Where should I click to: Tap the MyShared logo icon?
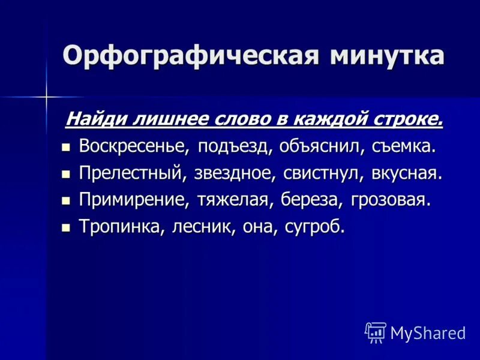point(376,332)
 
